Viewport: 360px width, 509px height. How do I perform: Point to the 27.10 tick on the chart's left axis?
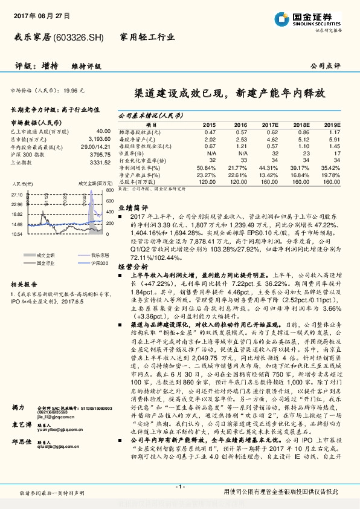point(16,195)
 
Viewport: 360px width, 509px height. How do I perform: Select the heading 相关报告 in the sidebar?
point(24,283)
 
